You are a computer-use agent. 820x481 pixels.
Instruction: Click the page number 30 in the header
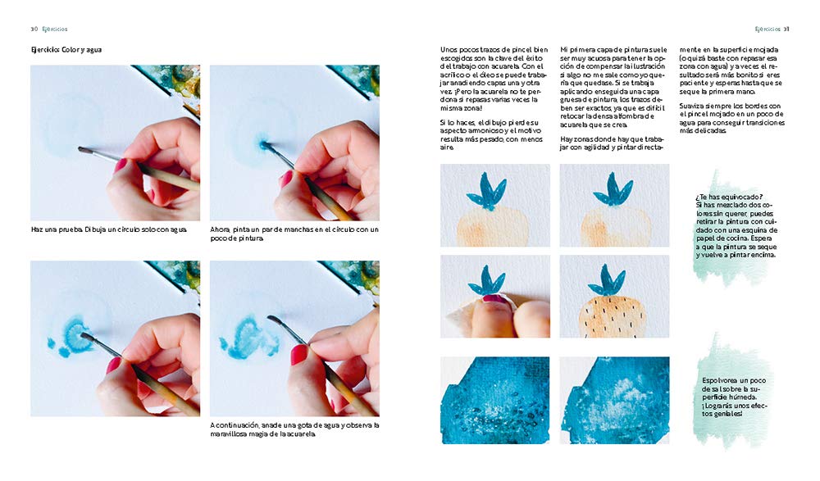(x=34, y=29)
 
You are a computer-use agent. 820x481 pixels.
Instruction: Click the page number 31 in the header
(x=786, y=29)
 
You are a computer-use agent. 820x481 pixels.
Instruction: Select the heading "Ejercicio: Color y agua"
(x=66, y=50)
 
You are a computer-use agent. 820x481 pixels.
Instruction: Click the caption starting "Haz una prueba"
(x=109, y=229)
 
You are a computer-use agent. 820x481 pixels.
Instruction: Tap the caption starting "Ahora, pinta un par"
(x=294, y=234)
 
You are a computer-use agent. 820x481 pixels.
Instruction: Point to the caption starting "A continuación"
(x=294, y=429)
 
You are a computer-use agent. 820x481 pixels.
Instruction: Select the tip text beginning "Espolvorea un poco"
(x=734, y=397)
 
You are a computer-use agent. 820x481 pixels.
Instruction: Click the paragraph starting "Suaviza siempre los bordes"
(x=732, y=118)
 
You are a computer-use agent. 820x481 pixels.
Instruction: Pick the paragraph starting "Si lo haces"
(x=491, y=135)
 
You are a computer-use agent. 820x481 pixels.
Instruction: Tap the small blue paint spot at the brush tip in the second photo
(x=262, y=143)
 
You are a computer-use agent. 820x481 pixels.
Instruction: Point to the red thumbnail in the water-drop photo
(x=300, y=355)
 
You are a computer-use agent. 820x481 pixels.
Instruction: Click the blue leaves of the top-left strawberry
(x=485, y=192)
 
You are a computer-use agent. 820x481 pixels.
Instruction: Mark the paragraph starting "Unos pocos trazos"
(x=494, y=79)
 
